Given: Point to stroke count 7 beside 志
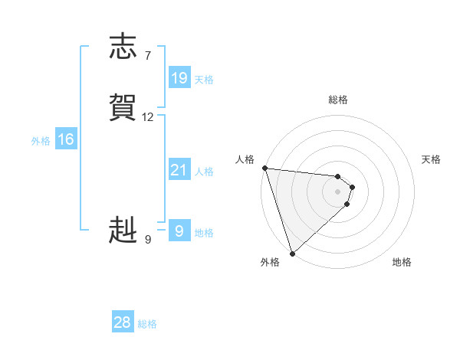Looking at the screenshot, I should point(147,55).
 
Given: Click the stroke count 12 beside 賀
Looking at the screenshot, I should point(148,117).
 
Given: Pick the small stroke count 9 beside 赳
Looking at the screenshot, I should point(147,240).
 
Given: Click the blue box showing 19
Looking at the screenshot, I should point(179,78).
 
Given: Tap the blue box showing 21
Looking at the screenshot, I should point(179,170).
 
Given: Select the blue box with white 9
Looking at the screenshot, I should point(179,230).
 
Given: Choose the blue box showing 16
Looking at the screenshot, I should point(66,139).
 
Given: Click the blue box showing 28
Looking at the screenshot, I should point(123,322).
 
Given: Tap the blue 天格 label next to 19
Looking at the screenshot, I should point(204,80).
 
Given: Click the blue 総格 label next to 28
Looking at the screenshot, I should point(147,324).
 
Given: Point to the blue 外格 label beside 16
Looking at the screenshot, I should point(41,141).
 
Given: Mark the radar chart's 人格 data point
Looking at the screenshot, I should point(264,168).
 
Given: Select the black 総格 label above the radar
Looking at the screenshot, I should point(337,100).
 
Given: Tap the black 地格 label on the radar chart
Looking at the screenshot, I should point(402,262).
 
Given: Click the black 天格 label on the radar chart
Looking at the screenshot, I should point(431,159).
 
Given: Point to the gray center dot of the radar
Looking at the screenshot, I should point(337,191).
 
